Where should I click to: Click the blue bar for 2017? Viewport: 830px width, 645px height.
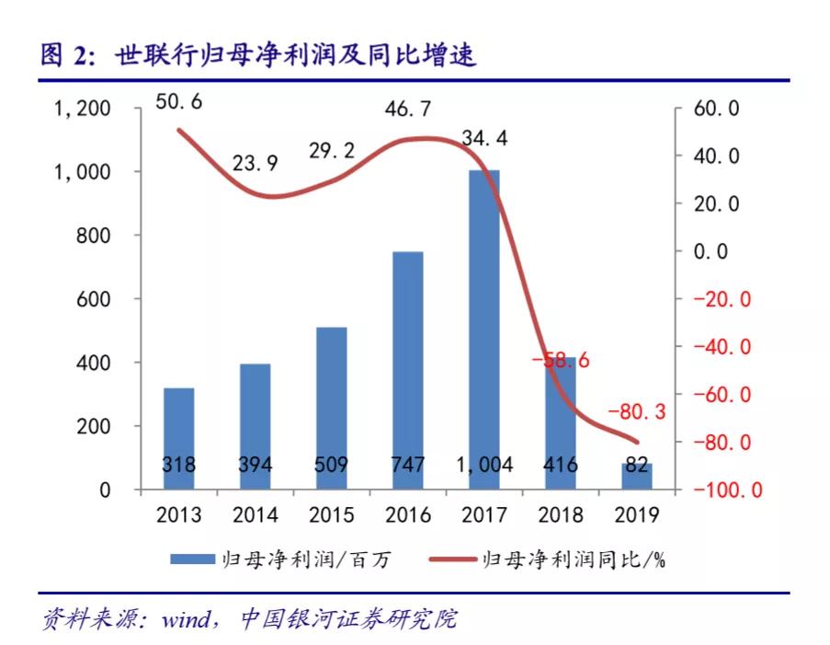[484, 322]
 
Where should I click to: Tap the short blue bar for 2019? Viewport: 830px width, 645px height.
[637, 477]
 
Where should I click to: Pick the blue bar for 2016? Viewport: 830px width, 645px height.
[408, 368]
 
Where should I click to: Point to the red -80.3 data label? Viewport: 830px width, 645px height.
[635, 410]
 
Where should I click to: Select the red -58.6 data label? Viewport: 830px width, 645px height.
[561, 361]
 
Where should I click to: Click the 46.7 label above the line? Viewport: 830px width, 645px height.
[408, 110]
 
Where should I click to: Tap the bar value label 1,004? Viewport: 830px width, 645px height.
[483, 466]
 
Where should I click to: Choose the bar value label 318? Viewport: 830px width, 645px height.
[178, 466]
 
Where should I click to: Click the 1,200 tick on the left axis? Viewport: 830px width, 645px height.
[84, 109]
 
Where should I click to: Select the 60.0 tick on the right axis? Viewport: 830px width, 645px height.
[716, 109]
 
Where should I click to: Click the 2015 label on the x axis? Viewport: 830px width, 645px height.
[331, 515]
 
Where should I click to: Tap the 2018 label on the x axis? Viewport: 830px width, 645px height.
[561, 515]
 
